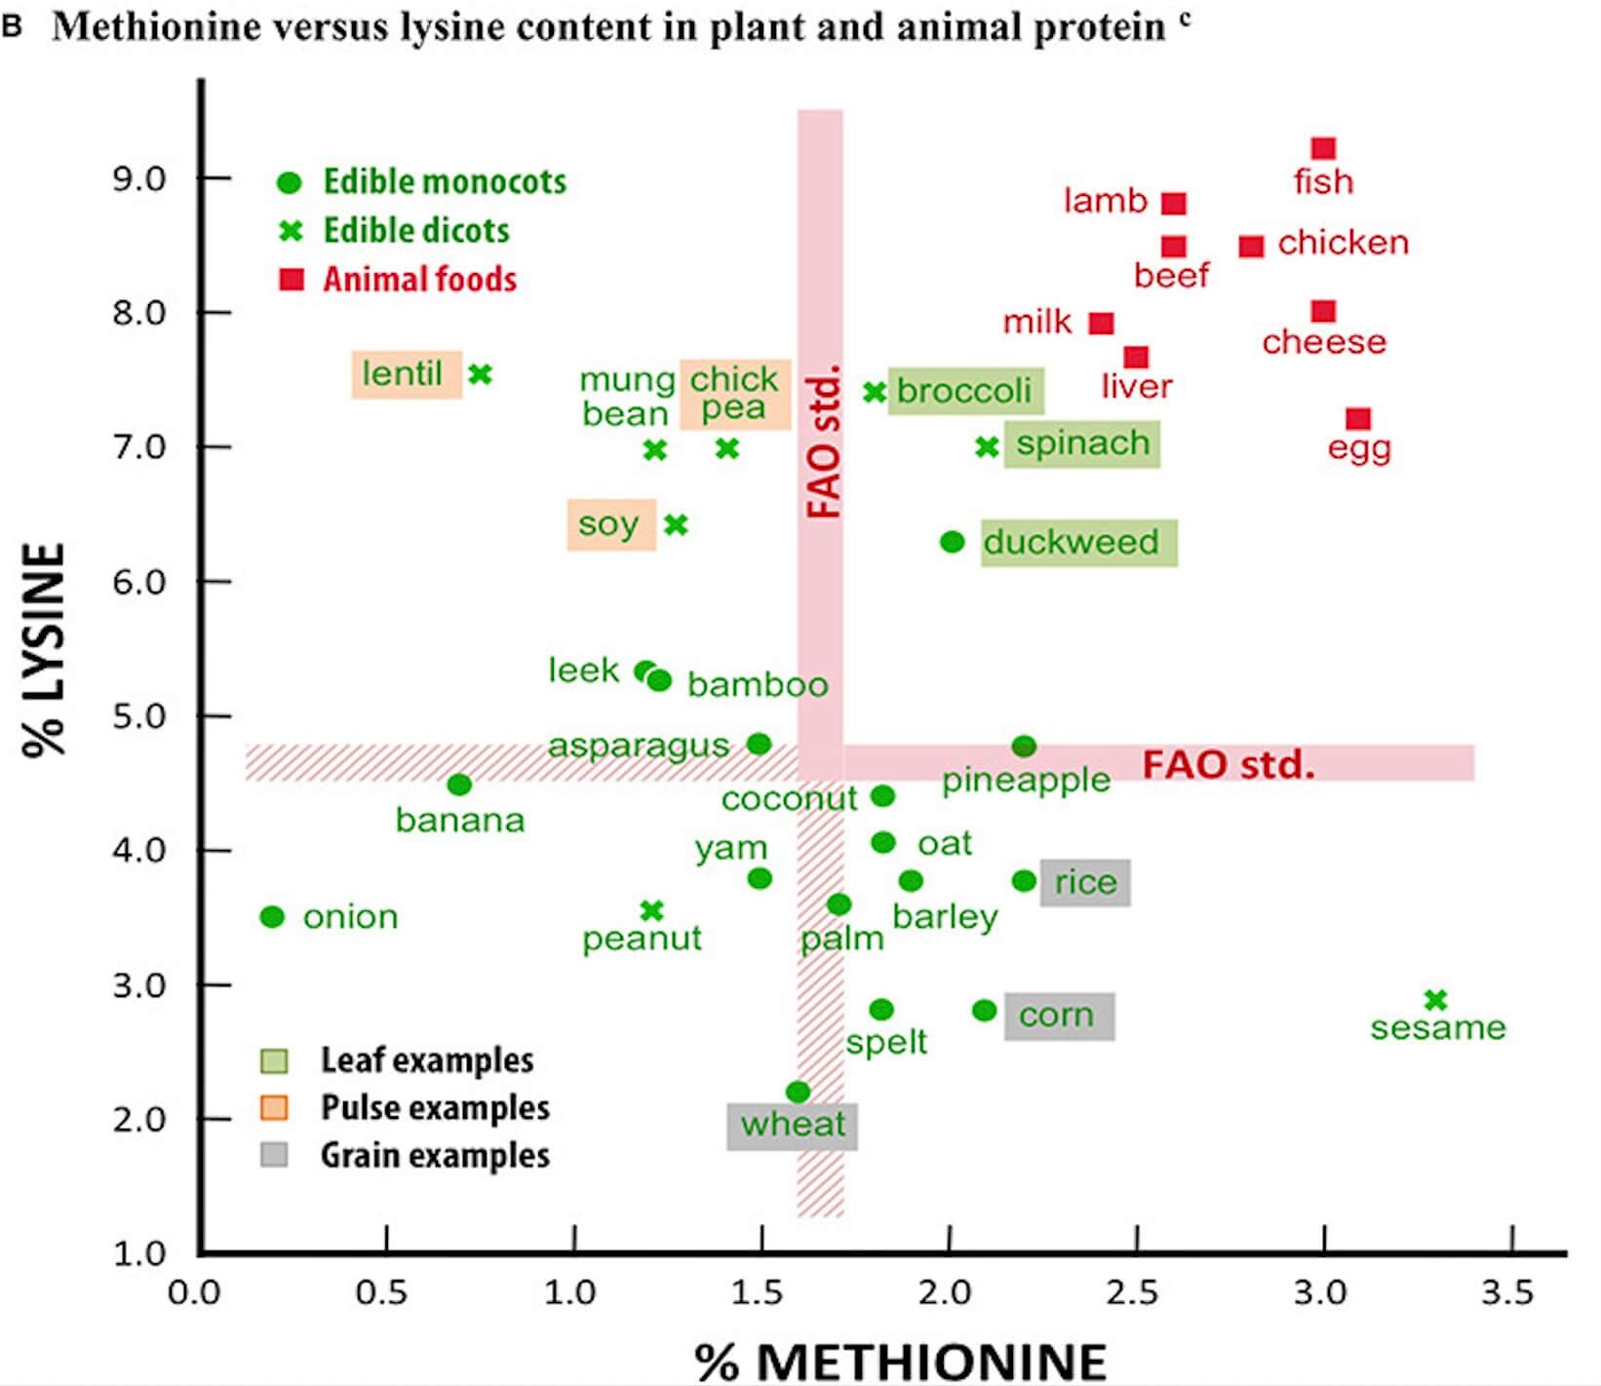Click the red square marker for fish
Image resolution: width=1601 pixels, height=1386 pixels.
(1323, 148)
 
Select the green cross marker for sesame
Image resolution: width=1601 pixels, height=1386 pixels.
(1435, 1000)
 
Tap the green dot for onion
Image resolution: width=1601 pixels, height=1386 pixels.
(272, 916)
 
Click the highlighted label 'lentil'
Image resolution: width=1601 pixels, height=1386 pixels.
(406, 374)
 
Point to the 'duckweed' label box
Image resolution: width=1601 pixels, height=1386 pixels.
(1078, 542)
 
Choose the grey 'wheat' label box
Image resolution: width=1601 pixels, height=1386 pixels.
(792, 1125)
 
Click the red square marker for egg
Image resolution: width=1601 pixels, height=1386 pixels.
(1358, 419)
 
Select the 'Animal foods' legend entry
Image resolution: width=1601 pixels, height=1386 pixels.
(419, 280)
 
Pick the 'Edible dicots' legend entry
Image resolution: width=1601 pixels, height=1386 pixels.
(416, 231)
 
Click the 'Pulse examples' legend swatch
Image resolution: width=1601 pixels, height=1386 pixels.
(274, 1108)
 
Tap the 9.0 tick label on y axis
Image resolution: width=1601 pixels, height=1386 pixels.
(139, 178)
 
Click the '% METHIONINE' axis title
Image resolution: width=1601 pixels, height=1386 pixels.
(900, 1361)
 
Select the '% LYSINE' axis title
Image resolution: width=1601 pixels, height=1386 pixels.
(45, 650)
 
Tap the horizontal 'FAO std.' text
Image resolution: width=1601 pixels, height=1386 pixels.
(1228, 764)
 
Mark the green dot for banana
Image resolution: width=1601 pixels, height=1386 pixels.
(459, 785)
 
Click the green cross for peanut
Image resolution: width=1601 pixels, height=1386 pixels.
(652, 910)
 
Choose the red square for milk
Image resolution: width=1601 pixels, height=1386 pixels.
(1102, 323)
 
